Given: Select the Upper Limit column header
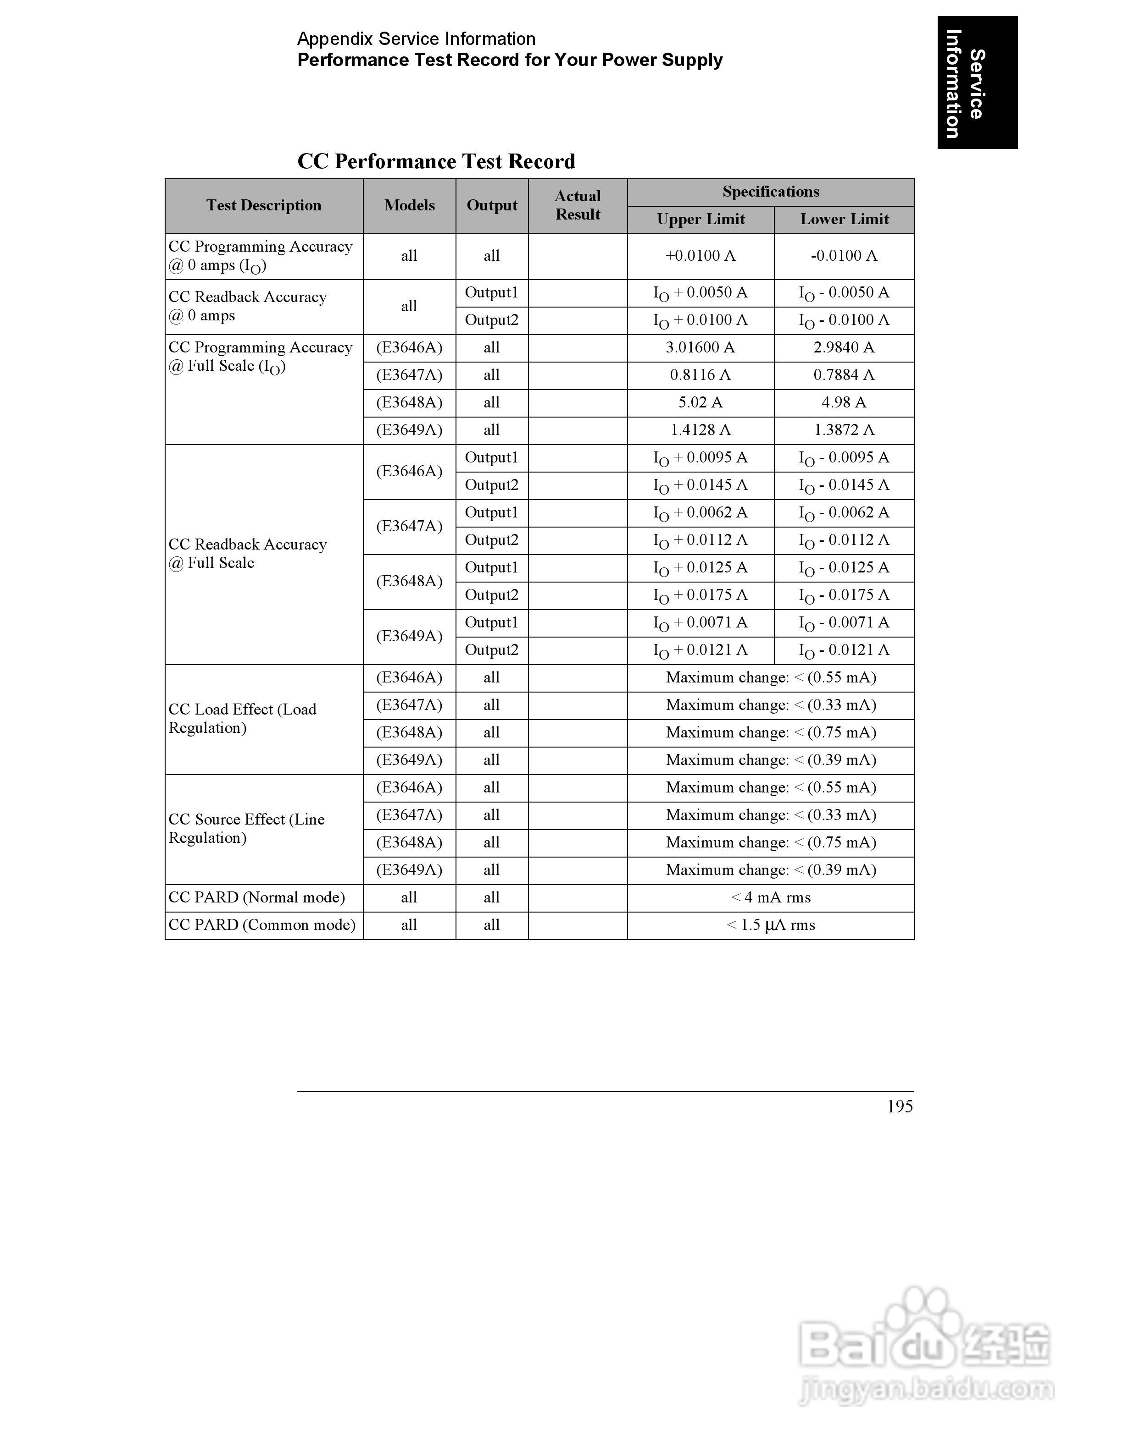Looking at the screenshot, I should point(700,220).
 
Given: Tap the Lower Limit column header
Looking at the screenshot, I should point(844,220).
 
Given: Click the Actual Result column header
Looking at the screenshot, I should point(578,205).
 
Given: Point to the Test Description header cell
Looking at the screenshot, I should point(263,205).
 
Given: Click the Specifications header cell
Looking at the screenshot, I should point(770,192).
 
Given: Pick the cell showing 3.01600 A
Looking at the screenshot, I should point(700,348).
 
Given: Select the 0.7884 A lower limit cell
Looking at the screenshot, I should point(844,375).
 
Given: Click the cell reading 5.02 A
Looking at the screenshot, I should point(700,403).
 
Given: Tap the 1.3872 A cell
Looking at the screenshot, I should point(844,430).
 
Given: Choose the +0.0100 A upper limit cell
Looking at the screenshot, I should point(700,256).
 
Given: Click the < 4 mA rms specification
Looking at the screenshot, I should point(770,897).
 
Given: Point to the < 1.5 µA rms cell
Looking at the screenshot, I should point(770,925).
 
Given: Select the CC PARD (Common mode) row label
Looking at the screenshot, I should point(262,925).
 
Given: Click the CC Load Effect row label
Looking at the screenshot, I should point(242,719).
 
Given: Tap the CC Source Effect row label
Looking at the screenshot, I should point(246,828).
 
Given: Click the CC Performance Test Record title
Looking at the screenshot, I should point(436,161).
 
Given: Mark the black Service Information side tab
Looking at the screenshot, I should point(977,83).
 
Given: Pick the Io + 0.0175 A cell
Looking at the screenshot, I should point(700,596).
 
